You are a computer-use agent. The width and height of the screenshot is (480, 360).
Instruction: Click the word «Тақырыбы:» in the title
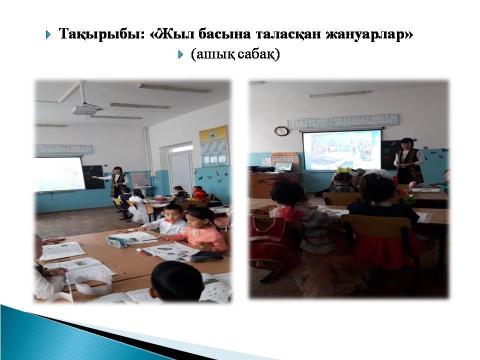point(102,34)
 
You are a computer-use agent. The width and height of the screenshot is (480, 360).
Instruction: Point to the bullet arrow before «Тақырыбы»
point(48,34)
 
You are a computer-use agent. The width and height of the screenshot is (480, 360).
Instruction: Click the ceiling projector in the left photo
point(83,109)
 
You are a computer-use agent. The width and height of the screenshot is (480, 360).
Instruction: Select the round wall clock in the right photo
point(281,131)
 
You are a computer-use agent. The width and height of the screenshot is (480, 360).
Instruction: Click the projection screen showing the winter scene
point(341,150)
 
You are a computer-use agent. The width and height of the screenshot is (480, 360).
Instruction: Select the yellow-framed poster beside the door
point(213,146)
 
